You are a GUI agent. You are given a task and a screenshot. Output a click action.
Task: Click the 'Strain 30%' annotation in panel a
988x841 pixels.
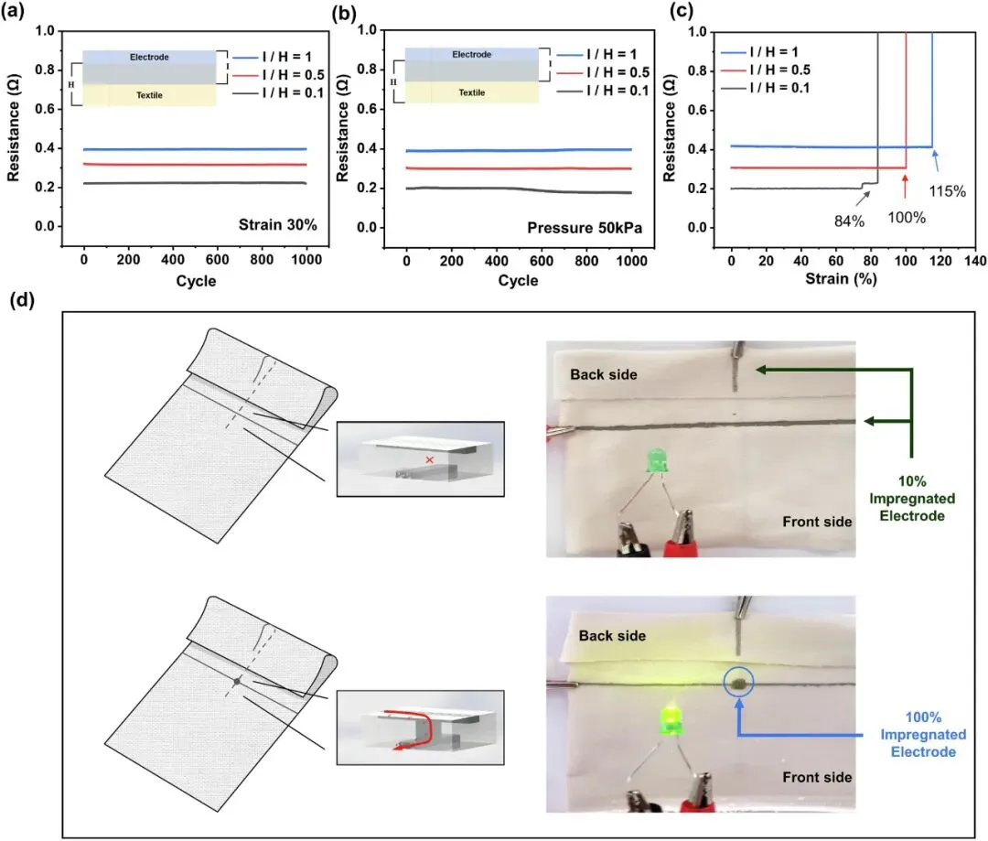tap(278, 225)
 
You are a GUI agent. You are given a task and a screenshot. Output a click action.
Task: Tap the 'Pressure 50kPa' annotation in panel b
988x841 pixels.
tap(585, 228)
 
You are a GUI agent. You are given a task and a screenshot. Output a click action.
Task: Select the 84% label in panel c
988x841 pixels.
tap(849, 221)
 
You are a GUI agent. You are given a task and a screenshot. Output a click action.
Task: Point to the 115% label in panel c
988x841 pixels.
tap(947, 191)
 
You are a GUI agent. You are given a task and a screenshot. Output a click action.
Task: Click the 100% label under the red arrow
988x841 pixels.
tap(907, 218)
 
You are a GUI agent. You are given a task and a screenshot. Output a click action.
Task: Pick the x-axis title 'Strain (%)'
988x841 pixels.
tap(841, 278)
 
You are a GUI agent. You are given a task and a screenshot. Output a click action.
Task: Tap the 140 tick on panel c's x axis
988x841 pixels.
tap(975, 261)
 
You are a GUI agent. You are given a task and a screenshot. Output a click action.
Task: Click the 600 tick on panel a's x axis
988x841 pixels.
tap(218, 260)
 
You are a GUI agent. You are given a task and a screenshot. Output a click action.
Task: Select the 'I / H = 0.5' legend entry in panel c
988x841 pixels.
tap(766, 70)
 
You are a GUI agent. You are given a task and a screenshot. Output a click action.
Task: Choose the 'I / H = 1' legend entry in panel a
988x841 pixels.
tap(273, 57)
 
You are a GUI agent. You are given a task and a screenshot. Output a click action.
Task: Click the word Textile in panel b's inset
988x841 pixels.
tap(472, 92)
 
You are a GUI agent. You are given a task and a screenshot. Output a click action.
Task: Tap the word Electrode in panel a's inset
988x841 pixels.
tap(149, 57)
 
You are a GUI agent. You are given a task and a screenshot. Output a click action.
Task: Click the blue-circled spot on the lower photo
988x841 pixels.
tap(738, 682)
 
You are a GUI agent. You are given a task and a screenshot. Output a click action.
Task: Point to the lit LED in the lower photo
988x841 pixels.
tap(671, 720)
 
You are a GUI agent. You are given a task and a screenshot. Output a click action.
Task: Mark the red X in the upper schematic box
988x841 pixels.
tap(430, 459)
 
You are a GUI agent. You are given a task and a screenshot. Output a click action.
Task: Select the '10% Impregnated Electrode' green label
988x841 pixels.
tap(912, 499)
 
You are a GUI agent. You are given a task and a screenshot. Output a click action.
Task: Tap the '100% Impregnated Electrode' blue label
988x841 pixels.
tap(923, 735)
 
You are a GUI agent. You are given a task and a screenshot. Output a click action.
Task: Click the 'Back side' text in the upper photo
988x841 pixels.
tap(604, 374)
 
